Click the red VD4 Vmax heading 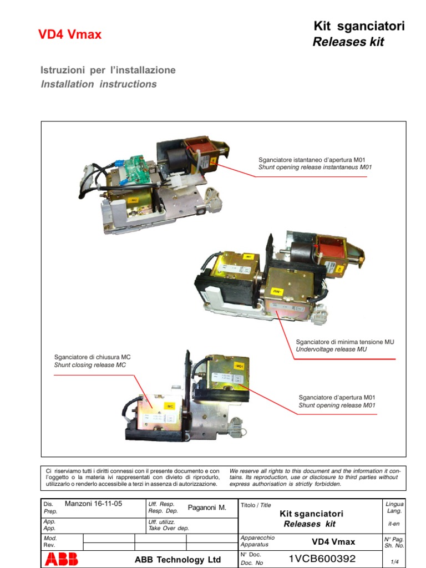69,34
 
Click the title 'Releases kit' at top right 348,42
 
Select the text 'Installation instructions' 99,84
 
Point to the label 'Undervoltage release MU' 331,349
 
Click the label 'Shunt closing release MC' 90,365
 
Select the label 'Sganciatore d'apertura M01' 337,397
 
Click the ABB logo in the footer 62,559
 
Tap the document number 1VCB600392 322,558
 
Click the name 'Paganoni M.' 207,508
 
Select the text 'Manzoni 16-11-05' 94,504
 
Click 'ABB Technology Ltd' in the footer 177,560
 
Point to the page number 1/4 394,562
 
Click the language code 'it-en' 394,524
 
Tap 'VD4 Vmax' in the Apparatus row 333,541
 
